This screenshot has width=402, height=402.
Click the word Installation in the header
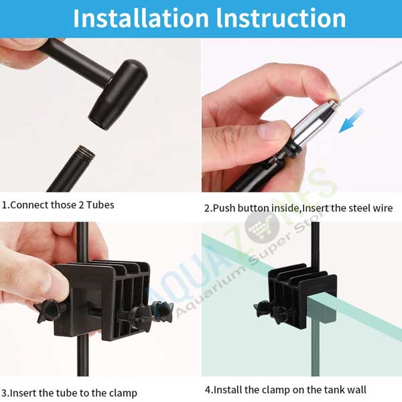pyautogui.click(x=141, y=18)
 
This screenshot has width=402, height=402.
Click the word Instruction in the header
pyautogui.click(x=281, y=18)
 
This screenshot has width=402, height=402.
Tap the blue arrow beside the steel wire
pyautogui.click(x=351, y=121)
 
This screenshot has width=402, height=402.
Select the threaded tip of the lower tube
pyautogui.click(x=85, y=152)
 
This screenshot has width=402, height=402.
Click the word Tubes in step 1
pyautogui.click(x=100, y=205)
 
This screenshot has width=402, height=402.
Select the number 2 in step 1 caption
pyautogui.click(x=81, y=205)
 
